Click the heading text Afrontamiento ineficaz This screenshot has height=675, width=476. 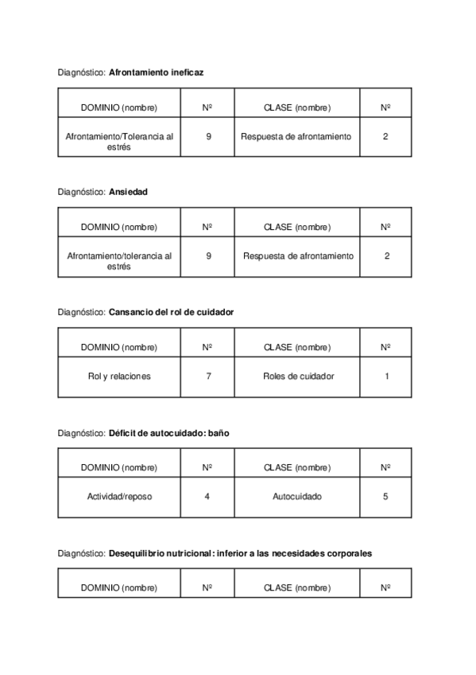coord(156,72)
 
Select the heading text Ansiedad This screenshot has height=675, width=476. coord(128,192)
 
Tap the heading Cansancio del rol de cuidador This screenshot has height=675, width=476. coord(171,312)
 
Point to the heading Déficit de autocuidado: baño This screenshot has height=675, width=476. coord(168,432)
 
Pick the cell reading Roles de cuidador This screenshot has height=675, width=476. coord(298,376)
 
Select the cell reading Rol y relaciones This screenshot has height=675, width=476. coord(119,376)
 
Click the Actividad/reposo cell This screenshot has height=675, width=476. coord(119,496)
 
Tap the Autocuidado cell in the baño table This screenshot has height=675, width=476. coord(297,496)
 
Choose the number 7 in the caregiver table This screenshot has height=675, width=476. coord(208,376)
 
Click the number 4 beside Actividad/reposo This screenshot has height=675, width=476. coord(207,496)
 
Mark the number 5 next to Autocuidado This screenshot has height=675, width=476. coord(385,496)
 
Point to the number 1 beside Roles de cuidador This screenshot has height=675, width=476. coord(386,376)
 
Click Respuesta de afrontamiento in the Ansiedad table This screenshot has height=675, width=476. coord(298,256)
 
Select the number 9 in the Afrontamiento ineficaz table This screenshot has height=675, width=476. coord(208,136)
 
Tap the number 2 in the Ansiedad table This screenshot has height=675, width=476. coord(386,256)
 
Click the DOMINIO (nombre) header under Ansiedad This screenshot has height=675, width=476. coord(119,227)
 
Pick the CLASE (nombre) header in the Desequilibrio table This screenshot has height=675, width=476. coord(297,587)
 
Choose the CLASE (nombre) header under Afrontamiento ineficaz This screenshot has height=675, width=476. coord(297,107)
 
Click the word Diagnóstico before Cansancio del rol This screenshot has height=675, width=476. coord(81,312)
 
